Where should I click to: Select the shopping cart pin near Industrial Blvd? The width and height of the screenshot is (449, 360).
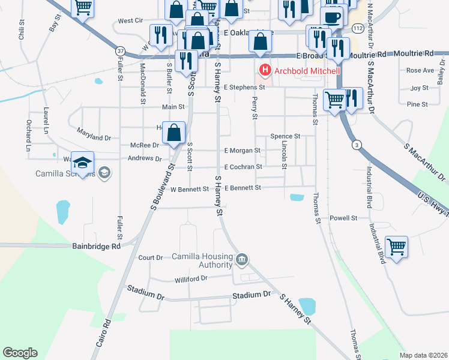pyautogui.click(x=396, y=246)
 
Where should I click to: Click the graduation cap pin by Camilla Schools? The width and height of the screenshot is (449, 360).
pyautogui.click(x=83, y=162)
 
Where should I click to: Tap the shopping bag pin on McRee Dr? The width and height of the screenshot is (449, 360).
pyautogui.click(x=174, y=133)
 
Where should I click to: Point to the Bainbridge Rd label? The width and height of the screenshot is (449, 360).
pyautogui.click(x=96, y=245)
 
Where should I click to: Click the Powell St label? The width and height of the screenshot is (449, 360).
pyautogui.click(x=344, y=218)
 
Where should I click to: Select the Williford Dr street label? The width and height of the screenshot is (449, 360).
pyautogui.click(x=191, y=278)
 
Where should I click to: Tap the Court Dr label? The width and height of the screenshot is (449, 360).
pyautogui.click(x=151, y=257)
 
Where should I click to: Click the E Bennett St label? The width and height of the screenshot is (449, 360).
pyautogui.click(x=243, y=188)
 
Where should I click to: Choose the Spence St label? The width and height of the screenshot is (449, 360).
pyautogui.click(x=285, y=137)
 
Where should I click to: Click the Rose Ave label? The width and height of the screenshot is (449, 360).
pyautogui.click(x=420, y=70)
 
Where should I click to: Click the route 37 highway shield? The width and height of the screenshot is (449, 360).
pyautogui.click(x=121, y=51)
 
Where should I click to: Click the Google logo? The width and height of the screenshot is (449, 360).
pyautogui.click(x=20, y=353)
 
